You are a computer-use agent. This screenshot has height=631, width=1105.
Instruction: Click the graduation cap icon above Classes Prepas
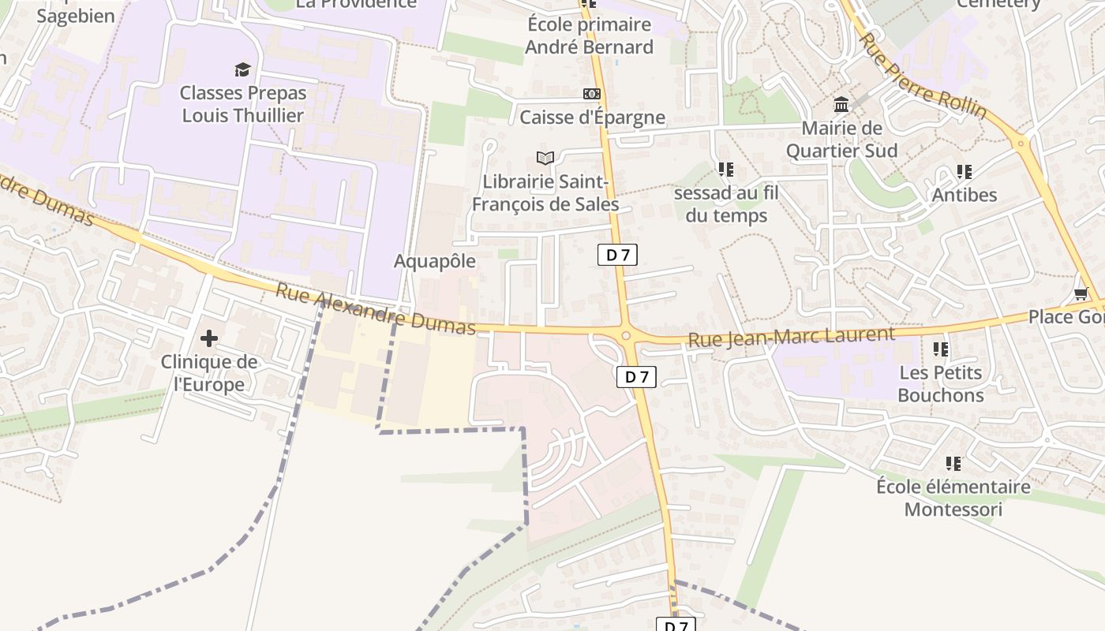point(242,69)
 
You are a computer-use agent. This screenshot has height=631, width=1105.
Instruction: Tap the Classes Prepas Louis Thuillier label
point(242,104)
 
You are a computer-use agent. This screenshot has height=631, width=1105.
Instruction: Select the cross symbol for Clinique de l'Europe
point(208,338)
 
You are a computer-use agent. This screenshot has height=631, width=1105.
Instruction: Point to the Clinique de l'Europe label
point(208,373)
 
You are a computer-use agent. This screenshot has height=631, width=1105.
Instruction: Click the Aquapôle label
point(435,261)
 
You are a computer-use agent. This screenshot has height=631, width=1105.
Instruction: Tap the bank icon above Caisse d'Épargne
point(591,94)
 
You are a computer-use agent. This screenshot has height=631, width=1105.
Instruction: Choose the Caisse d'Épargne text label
point(592,118)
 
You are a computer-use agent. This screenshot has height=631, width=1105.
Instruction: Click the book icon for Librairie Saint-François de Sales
point(545,158)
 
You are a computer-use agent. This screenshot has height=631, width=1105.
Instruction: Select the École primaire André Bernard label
point(589,36)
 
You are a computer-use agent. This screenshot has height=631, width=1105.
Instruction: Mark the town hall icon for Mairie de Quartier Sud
point(841,104)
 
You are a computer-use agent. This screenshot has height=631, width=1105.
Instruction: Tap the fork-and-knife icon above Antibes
point(964,171)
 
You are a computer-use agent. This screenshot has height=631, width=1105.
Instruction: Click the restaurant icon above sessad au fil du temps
point(726,169)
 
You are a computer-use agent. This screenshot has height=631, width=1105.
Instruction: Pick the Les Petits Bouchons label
point(940,383)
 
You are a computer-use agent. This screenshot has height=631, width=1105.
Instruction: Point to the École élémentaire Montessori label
point(953,498)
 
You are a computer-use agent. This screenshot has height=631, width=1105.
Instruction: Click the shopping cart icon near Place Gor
point(1081,293)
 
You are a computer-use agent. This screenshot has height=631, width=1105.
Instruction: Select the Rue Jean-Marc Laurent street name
point(792,337)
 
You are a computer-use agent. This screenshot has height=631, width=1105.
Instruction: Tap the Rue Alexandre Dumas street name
point(375,309)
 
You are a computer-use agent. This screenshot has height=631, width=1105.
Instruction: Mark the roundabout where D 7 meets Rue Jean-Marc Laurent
point(626,336)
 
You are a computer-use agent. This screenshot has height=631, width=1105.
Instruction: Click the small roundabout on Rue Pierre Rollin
point(1021,143)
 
